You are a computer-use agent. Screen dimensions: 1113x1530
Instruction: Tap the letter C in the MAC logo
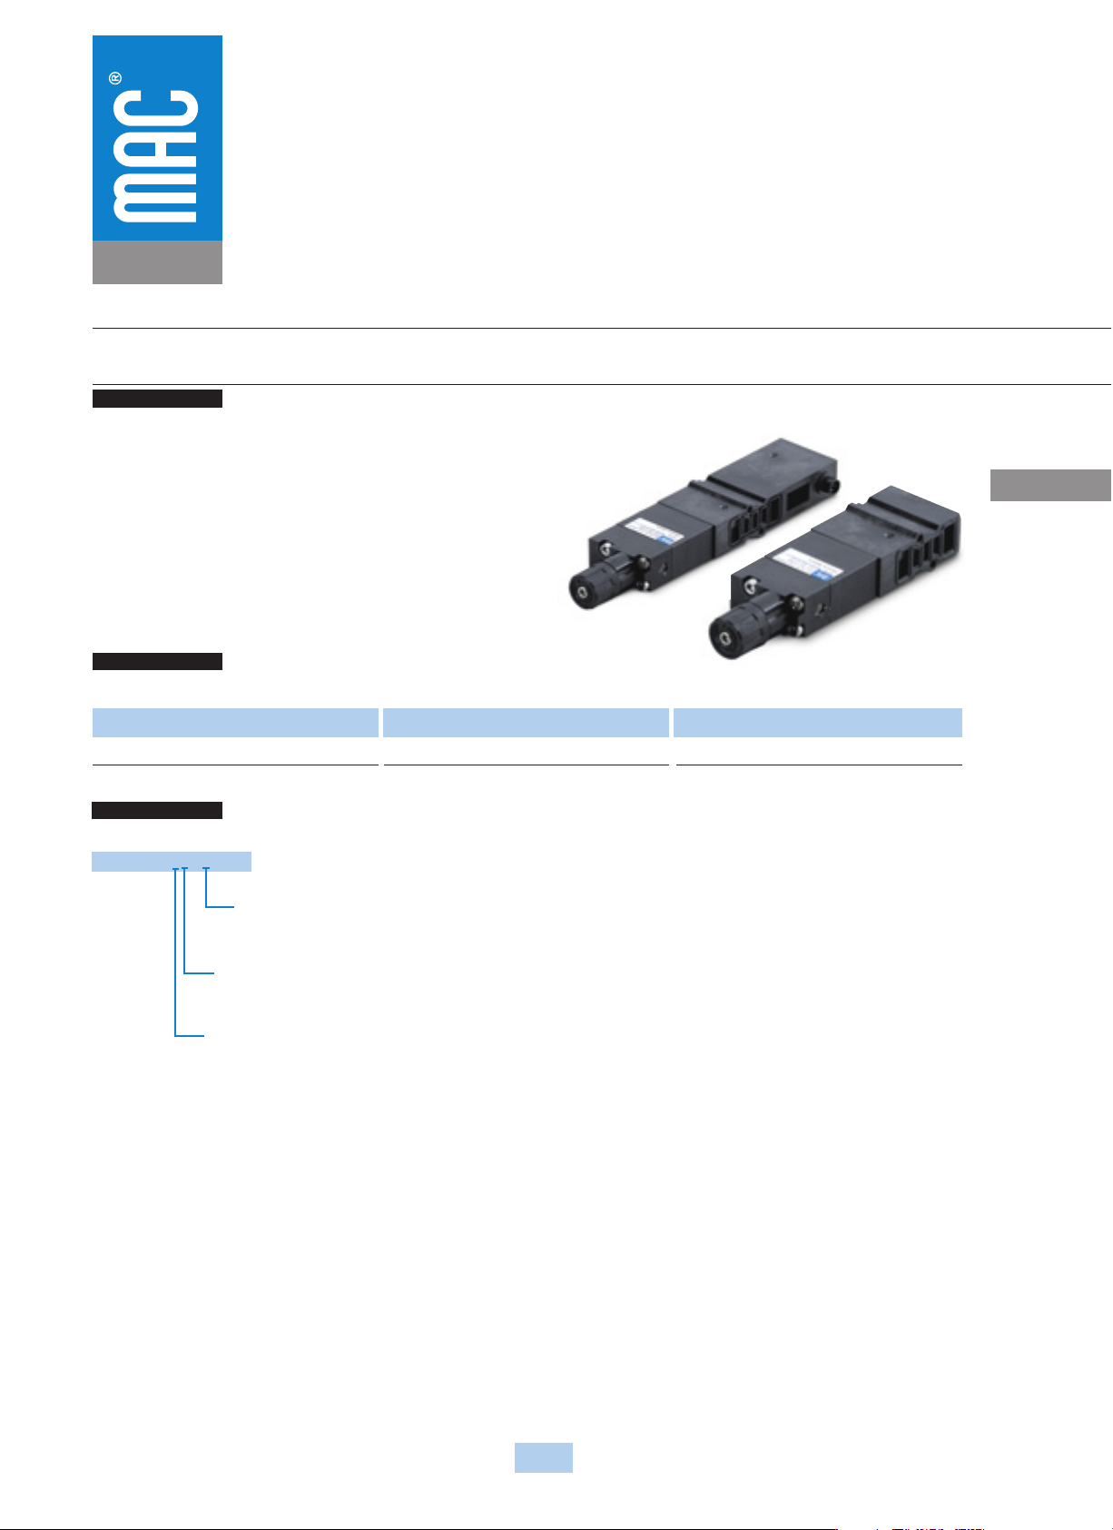pos(155,109)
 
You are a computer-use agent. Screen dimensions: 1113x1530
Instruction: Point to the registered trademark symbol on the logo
pos(115,78)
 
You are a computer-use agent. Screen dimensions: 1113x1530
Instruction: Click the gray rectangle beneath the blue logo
pos(157,262)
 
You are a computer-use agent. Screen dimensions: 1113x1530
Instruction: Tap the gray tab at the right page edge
pos(1050,485)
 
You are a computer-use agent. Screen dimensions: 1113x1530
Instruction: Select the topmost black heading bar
pos(157,399)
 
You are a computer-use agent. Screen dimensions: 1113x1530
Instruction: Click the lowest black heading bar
pos(157,810)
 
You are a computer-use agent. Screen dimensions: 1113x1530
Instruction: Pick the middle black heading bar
pos(157,661)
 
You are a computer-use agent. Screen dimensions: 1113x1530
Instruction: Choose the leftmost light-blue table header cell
pos(235,723)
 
